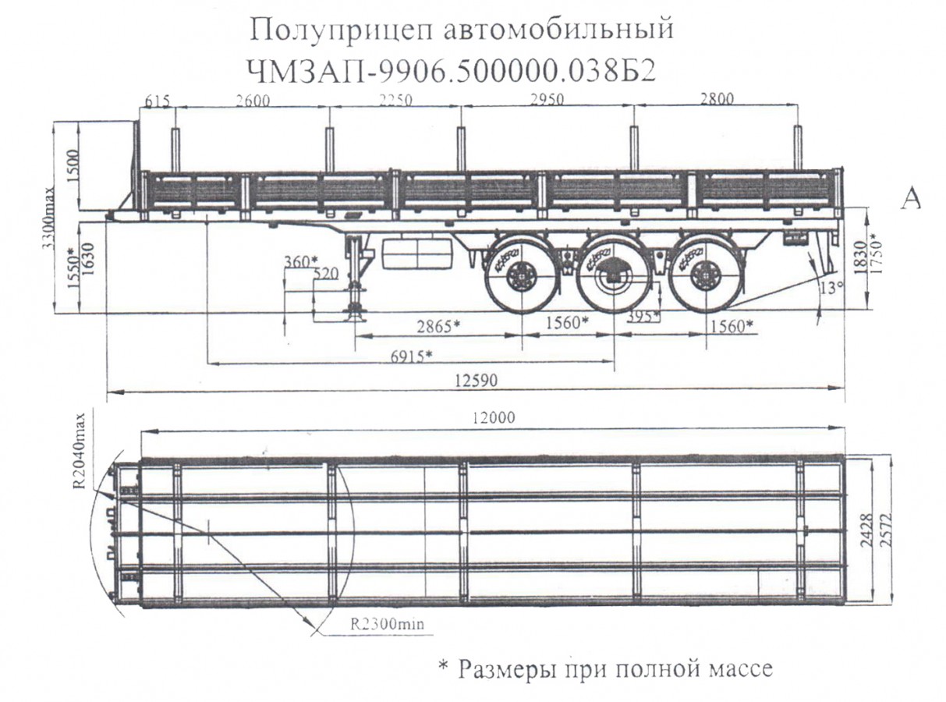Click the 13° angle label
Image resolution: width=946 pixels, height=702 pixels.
coord(831,287)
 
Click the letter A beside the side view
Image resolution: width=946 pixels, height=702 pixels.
coord(911,199)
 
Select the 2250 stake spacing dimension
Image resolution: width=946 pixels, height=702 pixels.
coord(395,101)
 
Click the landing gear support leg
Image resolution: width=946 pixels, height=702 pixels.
coord(356,278)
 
